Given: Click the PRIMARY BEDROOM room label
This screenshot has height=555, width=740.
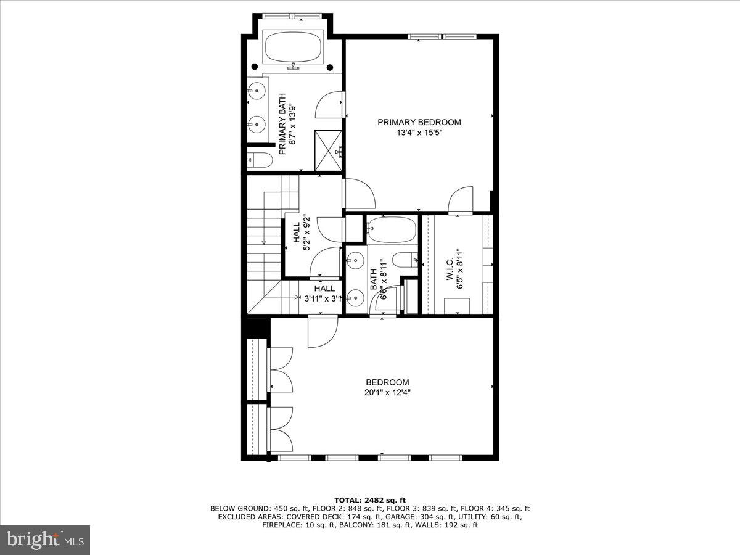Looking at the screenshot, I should point(419,122).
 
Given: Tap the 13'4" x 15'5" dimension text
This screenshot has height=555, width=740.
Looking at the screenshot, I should point(419,133).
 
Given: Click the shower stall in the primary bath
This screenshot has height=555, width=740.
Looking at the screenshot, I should point(328,150).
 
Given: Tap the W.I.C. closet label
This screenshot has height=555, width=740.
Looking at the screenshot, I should point(450,265).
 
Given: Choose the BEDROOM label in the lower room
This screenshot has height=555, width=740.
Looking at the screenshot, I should point(387,382).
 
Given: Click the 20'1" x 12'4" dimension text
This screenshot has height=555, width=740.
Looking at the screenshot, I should point(387,392).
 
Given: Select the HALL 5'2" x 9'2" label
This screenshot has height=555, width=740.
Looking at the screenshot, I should point(300,236).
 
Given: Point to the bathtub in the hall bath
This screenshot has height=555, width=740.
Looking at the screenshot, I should point(390,229).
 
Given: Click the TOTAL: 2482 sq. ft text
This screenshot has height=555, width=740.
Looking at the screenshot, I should point(369,500).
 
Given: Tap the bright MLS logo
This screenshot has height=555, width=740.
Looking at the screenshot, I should point(45,540).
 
